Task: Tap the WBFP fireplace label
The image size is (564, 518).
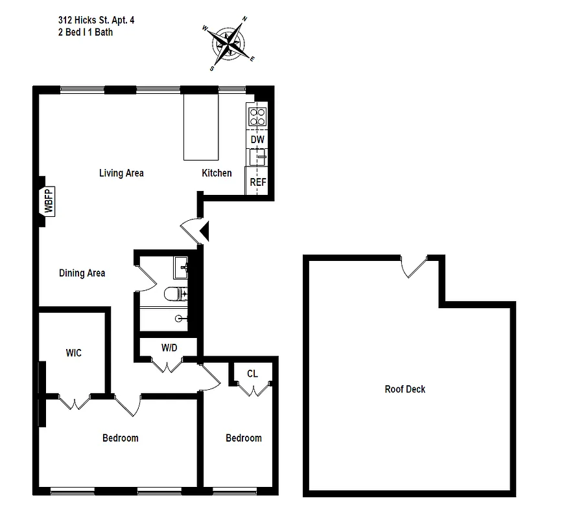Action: [48, 201]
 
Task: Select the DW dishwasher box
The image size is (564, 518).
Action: [257, 139]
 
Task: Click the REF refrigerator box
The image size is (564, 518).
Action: [257, 182]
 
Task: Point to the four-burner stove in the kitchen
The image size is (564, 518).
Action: [257, 116]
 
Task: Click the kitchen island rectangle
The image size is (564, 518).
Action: [201, 127]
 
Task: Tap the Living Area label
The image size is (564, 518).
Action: [121, 173]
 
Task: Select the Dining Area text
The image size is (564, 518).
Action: [82, 273]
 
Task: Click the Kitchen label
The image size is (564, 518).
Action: [217, 173]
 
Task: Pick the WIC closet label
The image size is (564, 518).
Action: [73, 353]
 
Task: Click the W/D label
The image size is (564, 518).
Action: [169, 348]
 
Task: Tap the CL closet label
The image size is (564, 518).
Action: [252, 374]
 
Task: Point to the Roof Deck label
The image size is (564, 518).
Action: [405, 389]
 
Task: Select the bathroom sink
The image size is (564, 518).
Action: [180, 265]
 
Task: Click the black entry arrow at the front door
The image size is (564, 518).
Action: [204, 231]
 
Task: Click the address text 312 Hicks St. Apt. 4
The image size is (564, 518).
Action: [96, 20]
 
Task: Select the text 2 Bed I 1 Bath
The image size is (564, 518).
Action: [85, 32]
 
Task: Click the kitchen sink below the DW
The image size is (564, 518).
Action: [258, 157]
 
